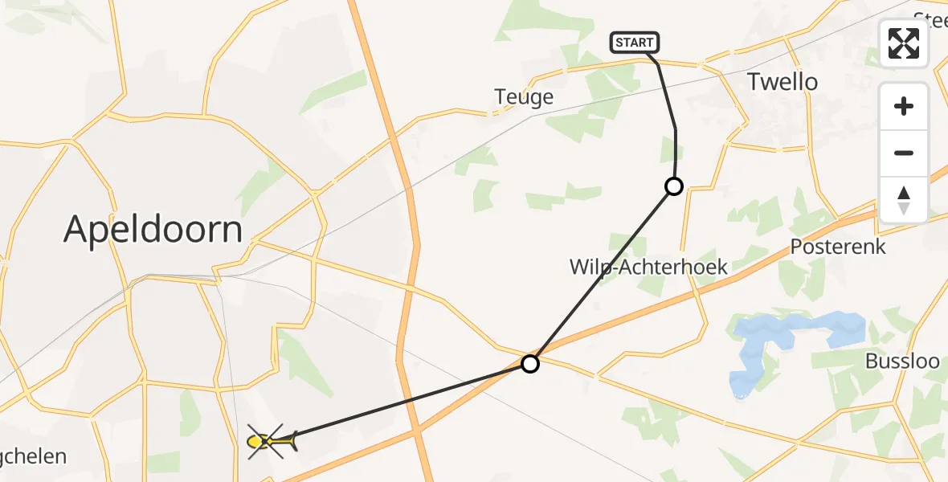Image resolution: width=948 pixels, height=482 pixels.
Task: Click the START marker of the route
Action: [635, 43]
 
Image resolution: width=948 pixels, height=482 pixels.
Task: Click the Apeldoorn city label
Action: [153, 231]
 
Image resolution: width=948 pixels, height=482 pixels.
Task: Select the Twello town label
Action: [782, 82]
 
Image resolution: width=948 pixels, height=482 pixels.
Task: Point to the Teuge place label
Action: [524, 97]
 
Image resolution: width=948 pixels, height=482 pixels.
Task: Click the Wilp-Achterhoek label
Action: [648, 267]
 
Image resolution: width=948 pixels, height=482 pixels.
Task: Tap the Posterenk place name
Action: [838, 247]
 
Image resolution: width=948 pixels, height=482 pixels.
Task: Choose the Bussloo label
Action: [902, 361]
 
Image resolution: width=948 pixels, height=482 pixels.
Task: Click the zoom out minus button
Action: [904, 153]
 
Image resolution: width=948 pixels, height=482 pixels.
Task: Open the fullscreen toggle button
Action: [904, 43]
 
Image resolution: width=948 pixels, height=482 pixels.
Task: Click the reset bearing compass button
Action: [904, 199]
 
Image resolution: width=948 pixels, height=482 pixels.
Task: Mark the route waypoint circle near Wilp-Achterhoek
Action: [674, 186]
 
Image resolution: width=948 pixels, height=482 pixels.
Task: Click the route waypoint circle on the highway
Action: [530, 364]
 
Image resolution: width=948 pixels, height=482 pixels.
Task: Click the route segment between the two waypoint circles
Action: [603, 275]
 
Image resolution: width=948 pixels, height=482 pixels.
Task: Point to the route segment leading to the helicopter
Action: [402, 402]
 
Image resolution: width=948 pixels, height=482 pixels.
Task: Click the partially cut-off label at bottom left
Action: [32, 457]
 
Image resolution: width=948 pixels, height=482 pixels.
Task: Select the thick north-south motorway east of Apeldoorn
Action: [412, 241]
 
